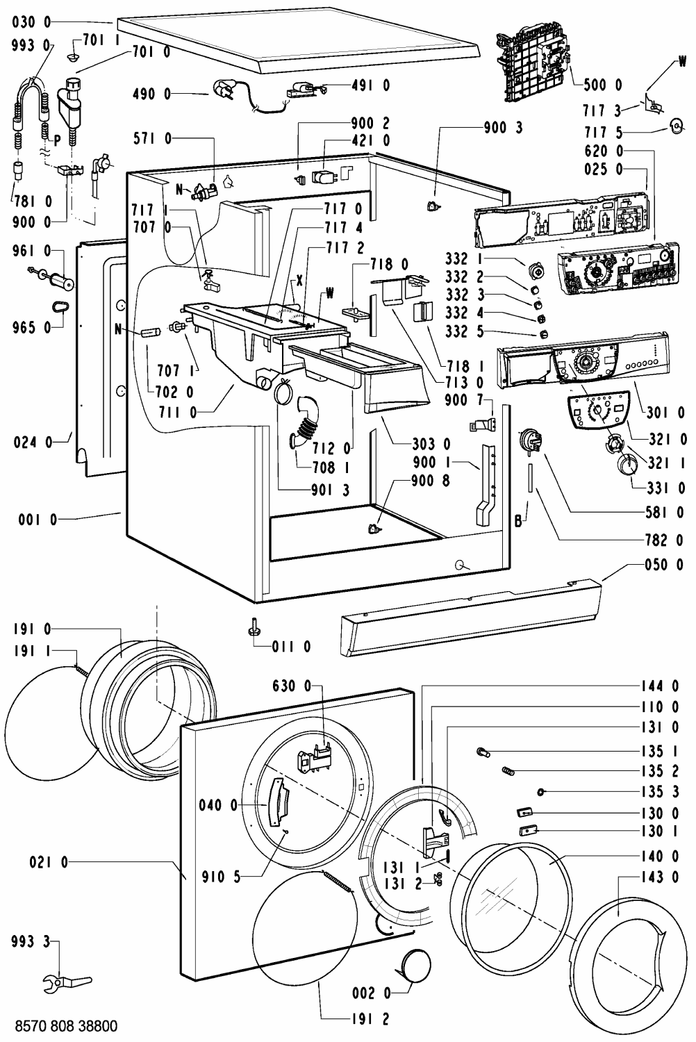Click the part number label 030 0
click(x=33, y=22)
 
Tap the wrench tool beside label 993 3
click(x=63, y=982)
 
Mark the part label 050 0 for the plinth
click(x=663, y=565)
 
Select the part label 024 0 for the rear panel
click(x=33, y=440)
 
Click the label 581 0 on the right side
click(x=664, y=514)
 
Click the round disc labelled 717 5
click(x=675, y=125)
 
